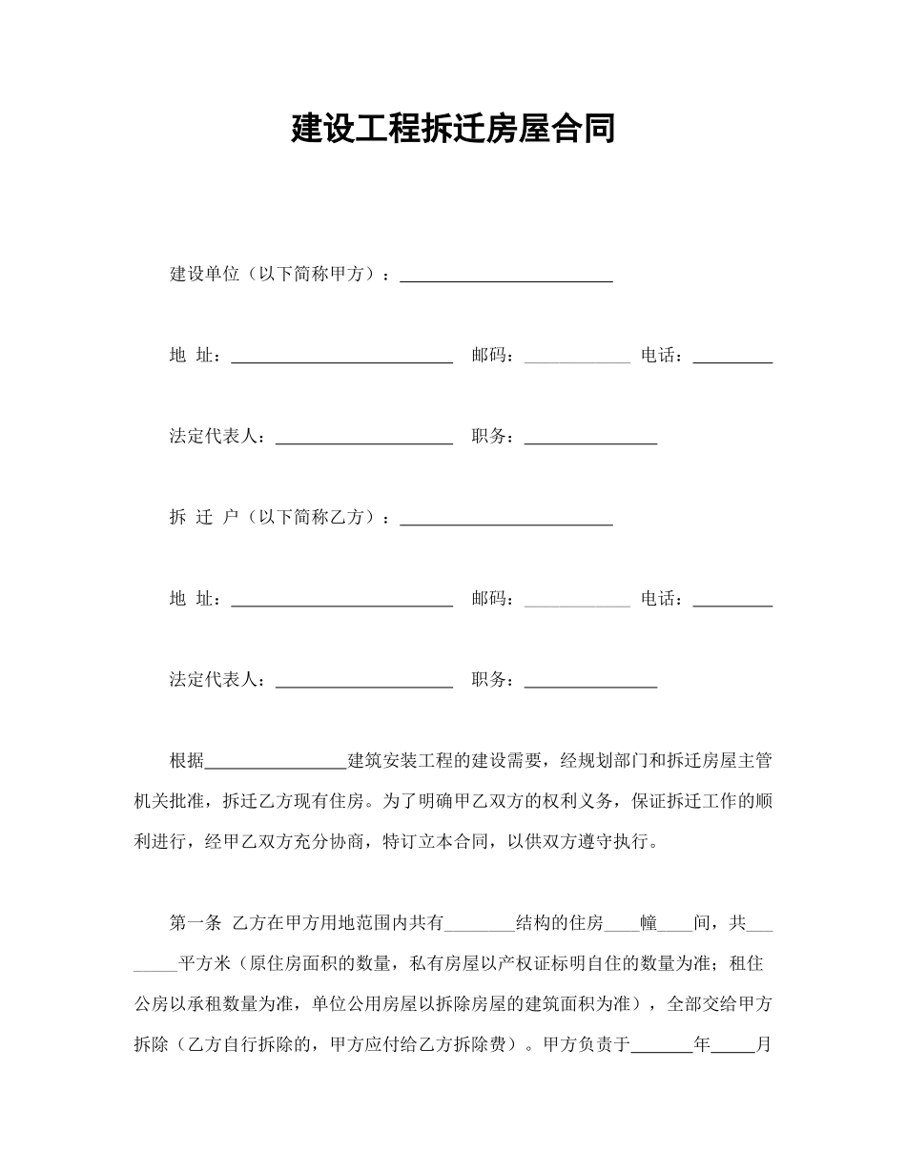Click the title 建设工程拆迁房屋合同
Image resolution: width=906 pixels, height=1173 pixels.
point(453,128)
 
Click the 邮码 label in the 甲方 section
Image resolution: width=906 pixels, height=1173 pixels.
point(492,356)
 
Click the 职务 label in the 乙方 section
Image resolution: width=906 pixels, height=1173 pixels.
point(492,680)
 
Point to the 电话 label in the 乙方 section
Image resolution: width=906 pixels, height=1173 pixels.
point(661,599)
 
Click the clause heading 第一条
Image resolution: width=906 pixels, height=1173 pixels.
point(196,922)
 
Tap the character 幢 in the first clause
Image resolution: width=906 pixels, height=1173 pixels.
point(649,922)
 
